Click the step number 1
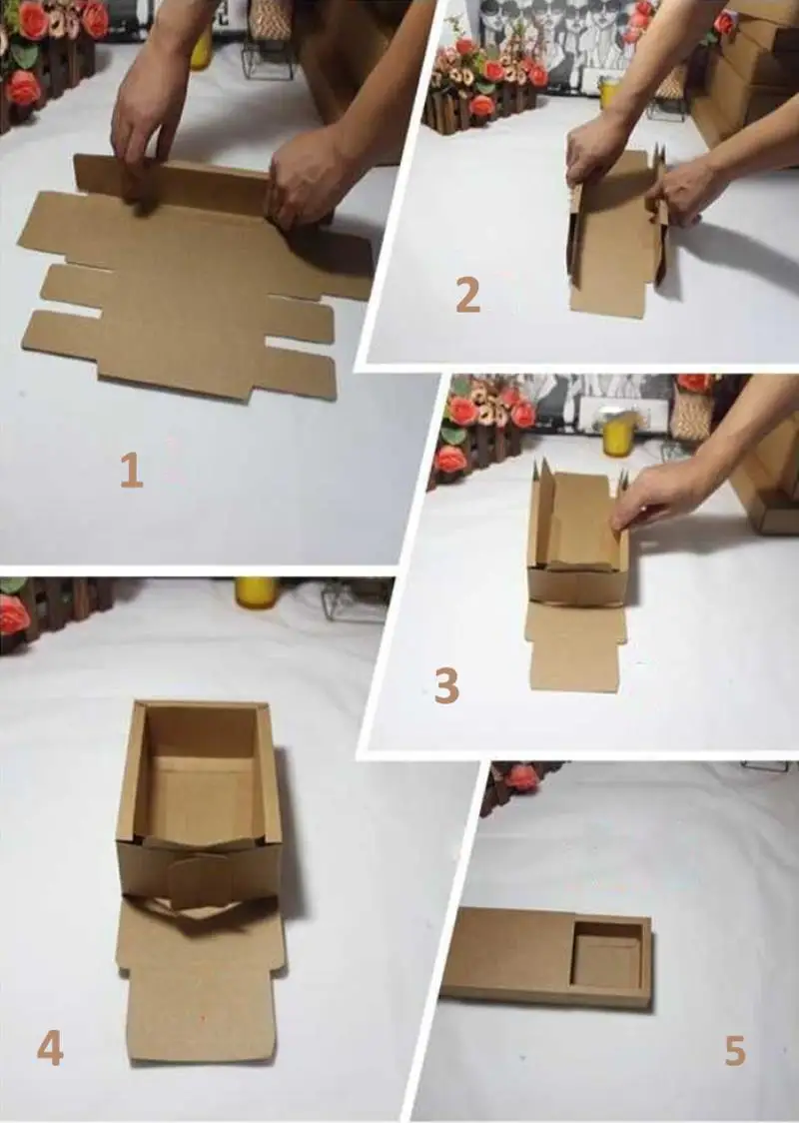(x=132, y=472)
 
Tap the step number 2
(x=467, y=295)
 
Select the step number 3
(x=446, y=685)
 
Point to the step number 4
(x=50, y=1049)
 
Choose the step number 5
(x=734, y=1051)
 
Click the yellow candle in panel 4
(x=257, y=593)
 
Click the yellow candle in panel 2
(x=608, y=92)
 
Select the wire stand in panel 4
(x=356, y=600)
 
